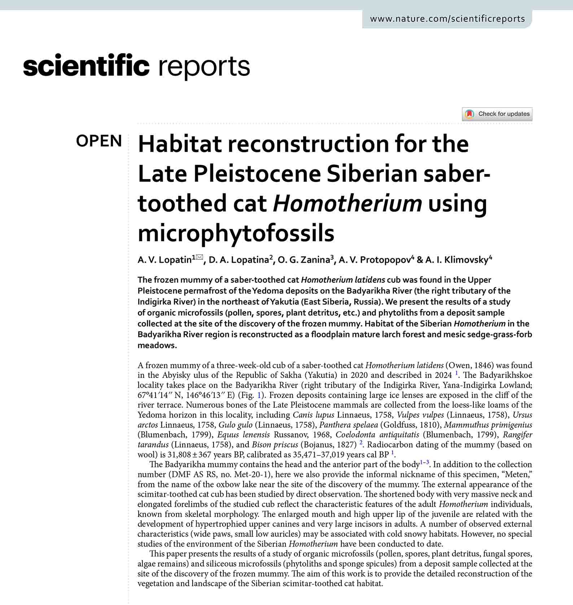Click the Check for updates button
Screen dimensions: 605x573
tap(497, 114)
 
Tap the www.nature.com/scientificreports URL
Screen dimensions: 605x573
tap(447, 19)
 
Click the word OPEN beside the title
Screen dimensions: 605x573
tap(99, 141)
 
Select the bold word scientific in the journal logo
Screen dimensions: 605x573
tap(86, 66)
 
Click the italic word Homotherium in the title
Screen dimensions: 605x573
tap(347, 203)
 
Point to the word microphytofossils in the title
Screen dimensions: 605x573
tap(236, 233)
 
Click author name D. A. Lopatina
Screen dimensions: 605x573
tap(239, 260)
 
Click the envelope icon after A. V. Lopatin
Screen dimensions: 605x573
tap(200, 257)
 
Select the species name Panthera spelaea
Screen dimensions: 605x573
tap(349, 425)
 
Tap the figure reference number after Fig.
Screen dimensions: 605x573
tap(259, 395)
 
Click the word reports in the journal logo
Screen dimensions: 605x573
tap(204, 66)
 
